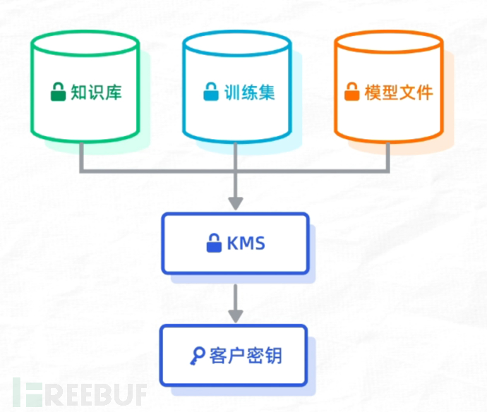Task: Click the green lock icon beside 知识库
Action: pyautogui.click(x=57, y=92)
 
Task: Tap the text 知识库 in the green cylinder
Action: pyautogui.click(x=95, y=92)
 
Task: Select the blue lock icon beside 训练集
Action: pyautogui.click(x=210, y=92)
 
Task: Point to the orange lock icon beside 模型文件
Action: pyautogui.click(x=351, y=92)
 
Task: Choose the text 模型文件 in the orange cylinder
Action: pyautogui.click(x=399, y=92)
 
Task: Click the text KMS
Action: pyautogui.click(x=246, y=244)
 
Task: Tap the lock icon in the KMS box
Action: pyautogui.click(x=213, y=243)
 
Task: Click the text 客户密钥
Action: pyautogui.click(x=246, y=356)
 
